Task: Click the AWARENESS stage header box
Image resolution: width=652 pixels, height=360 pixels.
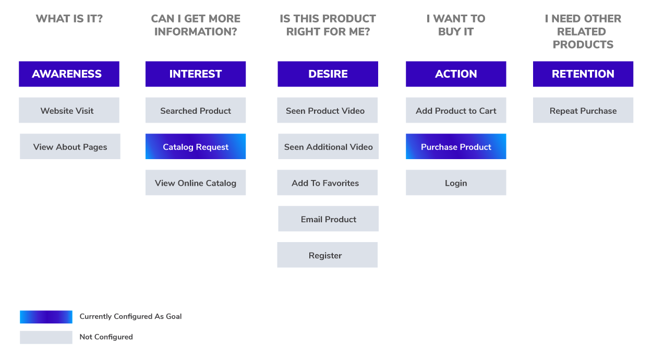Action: [69, 74]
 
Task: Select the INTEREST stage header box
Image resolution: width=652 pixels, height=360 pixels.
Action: [196, 74]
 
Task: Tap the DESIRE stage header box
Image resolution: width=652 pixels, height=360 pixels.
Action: [328, 74]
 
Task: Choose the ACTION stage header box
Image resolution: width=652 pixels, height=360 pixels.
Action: [456, 74]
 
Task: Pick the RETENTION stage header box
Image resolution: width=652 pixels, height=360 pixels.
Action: [583, 74]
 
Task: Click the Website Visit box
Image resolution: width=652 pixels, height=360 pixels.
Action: [69, 110]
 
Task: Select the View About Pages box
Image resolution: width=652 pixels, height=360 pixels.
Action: [70, 147]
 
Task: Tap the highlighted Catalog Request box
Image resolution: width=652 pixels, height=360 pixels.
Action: [196, 147]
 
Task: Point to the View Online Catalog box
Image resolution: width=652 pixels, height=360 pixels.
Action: [196, 183]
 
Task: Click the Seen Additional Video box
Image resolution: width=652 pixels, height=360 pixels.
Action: [328, 147]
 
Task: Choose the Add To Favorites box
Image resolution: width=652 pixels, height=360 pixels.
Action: [328, 183]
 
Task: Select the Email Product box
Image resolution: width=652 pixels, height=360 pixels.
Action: [328, 219]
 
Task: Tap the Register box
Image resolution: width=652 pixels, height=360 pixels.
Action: [328, 255]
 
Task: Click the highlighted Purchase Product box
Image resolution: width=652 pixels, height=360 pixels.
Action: [456, 147]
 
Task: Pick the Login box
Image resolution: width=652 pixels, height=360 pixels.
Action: [456, 183]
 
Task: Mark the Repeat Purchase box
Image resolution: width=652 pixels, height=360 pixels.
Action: [583, 110]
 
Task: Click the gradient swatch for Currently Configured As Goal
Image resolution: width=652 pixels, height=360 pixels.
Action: [46, 317]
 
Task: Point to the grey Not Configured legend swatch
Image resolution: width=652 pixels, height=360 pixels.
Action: [46, 337]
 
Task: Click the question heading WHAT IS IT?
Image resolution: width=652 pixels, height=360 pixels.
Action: [69, 19]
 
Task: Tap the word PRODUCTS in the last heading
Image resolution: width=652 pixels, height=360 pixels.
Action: [583, 44]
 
